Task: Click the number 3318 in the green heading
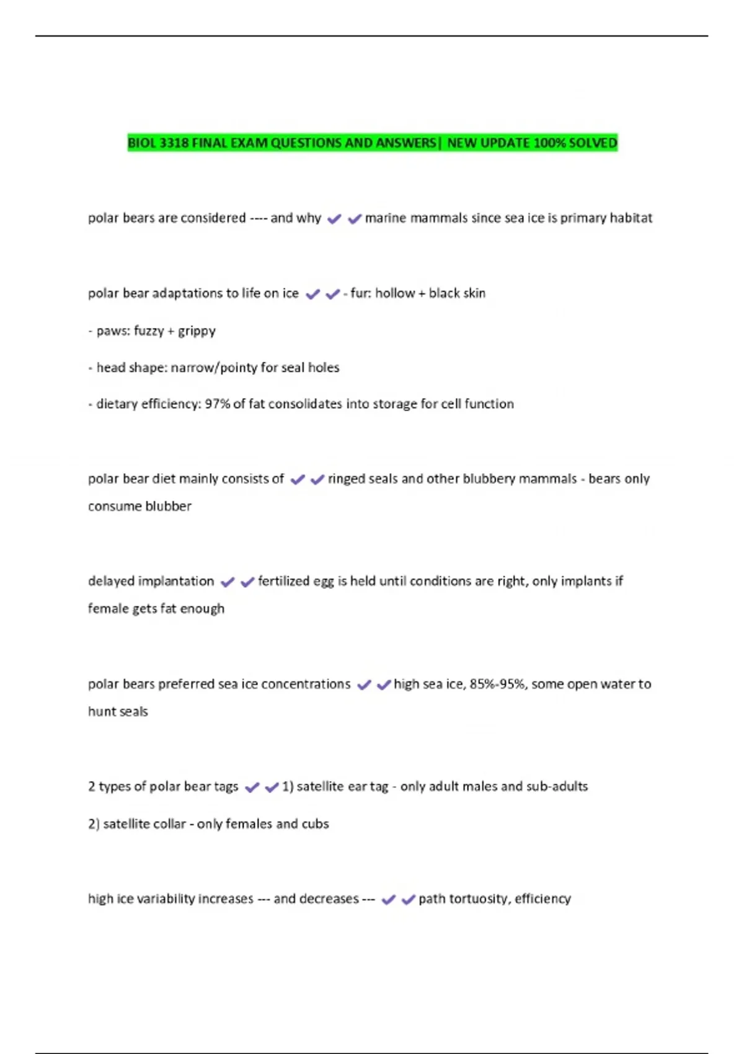tap(174, 143)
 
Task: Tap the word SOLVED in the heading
tap(593, 143)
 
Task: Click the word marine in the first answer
tap(385, 218)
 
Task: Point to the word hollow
tap(395, 293)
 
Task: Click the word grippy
tap(197, 331)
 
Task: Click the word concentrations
tap(306, 684)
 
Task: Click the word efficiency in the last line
tap(542, 899)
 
